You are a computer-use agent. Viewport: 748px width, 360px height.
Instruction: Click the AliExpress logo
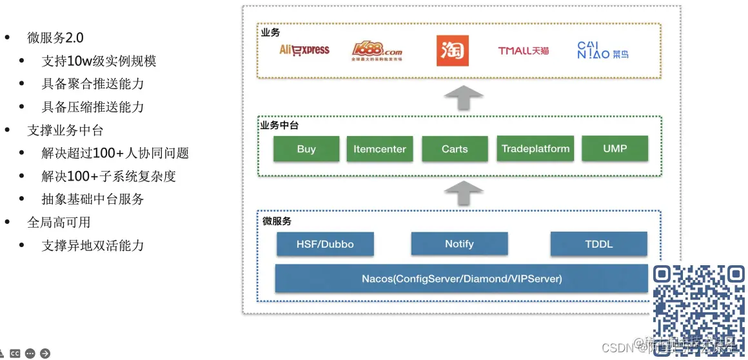[304, 50]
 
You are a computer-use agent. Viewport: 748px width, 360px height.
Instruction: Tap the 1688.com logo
[377, 51]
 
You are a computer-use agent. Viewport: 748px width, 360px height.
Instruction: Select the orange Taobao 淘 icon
[453, 51]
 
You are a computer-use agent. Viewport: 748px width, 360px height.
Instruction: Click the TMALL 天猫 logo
[524, 51]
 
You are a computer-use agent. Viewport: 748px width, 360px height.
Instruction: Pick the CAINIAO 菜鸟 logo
[602, 51]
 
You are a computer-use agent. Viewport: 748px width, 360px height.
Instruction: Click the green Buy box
[306, 149]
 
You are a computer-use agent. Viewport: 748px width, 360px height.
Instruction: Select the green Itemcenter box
[380, 149]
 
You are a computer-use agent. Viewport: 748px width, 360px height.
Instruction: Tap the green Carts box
[455, 149]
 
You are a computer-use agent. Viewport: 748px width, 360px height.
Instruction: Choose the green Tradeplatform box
[535, 149]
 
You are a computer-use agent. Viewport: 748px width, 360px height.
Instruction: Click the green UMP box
[615, 148]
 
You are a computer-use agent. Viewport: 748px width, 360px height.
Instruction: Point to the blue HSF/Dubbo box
[325, 245]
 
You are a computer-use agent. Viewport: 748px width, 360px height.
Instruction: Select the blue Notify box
[459, 244]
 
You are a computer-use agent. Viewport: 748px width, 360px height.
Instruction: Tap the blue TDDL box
[599, 245]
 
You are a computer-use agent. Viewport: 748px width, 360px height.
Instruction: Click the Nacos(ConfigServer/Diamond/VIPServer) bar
[462, 279]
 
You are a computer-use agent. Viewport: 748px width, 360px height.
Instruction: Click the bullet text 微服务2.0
[55, 37]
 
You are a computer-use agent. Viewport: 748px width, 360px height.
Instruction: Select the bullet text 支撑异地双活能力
[93, 246]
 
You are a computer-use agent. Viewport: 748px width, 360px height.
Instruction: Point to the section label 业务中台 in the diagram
[279, 126]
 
